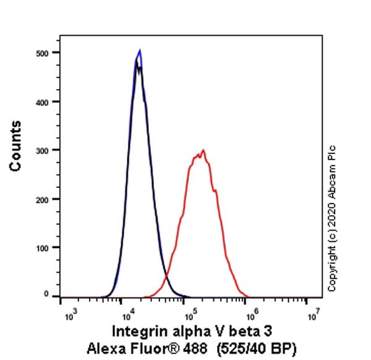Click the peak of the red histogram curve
coord(202,150)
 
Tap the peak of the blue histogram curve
coord(140,51)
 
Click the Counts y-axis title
coord(15,146)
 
